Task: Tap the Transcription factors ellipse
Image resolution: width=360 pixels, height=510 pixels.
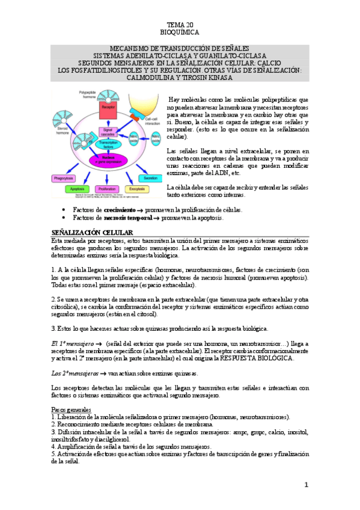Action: click(108, 145)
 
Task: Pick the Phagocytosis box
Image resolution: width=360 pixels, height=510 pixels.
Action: click(63, 178)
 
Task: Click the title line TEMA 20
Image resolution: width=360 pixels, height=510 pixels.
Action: click(180, 25)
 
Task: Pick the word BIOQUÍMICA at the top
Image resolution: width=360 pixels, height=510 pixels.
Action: click(180, 32)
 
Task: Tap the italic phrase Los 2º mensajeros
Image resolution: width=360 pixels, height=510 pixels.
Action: click(75, 373)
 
